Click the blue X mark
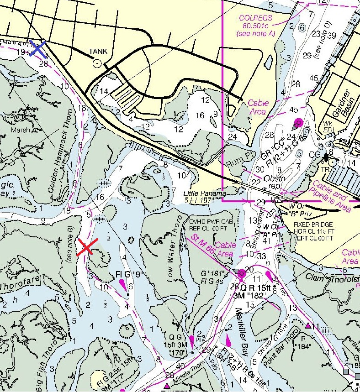click(37, 48)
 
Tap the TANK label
click(98, 52)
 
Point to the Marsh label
click(21, 130)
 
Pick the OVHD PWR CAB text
click(208, 221)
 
